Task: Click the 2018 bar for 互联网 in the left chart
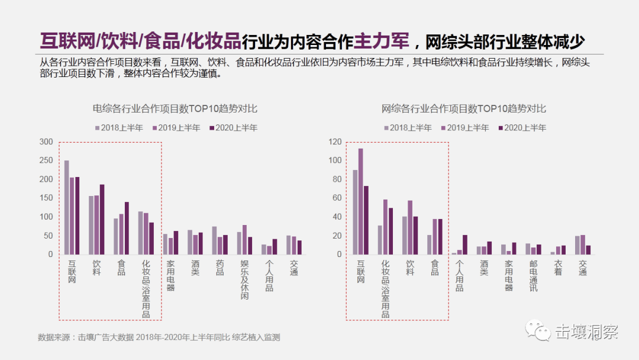[x=66, y=207]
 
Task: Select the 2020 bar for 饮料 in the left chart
[x=102, y=220]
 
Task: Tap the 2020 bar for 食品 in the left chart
[x=127, y=229]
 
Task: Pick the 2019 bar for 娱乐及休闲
[x=244, y=240]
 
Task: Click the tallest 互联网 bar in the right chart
[x=361, y=202]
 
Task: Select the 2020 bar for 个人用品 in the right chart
[x=465, y=245]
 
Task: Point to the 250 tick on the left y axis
[x=46, y=160]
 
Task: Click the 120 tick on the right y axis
[x=335, y=142]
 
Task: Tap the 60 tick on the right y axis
[x=337, y=198]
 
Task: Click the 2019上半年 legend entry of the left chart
[x=176, y=128]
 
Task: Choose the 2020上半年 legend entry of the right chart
[x=522, y=128]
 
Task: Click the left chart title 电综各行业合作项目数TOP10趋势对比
[x=175, y=108]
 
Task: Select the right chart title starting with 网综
[x=464, y=108]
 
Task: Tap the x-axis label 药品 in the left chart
[x=220, y=268]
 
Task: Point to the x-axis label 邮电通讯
[x=534, y=276]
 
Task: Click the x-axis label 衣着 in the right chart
[x=559, y=268]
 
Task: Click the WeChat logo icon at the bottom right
[x=538, y=330]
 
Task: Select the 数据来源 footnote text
[x=159, y=337]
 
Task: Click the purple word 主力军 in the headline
[x=382, y=41]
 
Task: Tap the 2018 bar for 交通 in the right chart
[x=577, y=246]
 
